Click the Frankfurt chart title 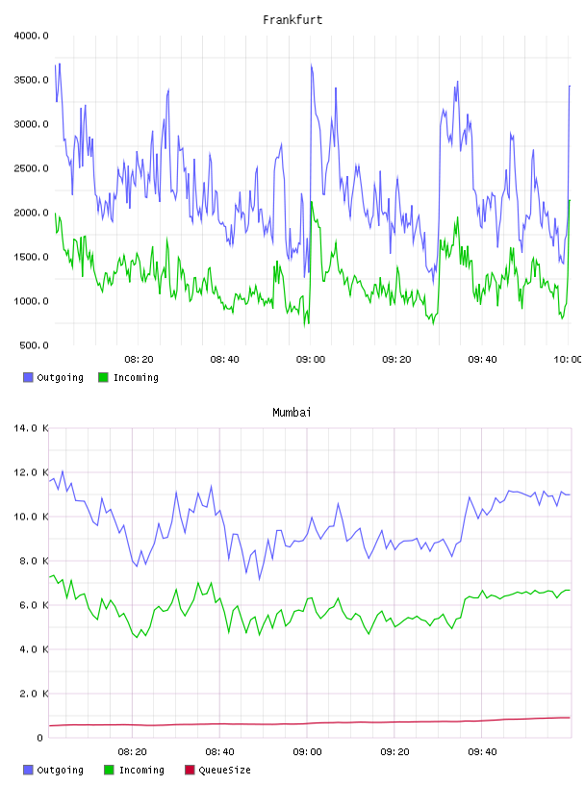[292, 19]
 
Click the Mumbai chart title [292, 412]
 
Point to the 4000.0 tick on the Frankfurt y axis [31, 36]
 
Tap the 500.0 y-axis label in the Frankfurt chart [34, 345]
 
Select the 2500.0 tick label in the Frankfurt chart [31, 168]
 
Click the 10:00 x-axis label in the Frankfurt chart [567, 360]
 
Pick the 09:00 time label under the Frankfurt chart [311, 360]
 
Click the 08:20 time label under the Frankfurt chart [139, 360]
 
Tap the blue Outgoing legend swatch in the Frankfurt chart [28, 377]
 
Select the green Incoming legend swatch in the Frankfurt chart [103, 377]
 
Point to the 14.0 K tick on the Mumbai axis [31, 428]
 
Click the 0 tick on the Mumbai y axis [39, 738]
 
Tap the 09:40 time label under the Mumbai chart [482, 752]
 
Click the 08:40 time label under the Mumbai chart [220, 752]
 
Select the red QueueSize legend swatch [190, 770]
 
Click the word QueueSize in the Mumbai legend [224, 770]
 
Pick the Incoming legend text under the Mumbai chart [141, 770]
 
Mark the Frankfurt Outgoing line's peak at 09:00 [311, 64]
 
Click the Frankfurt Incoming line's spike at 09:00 [312, 202]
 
